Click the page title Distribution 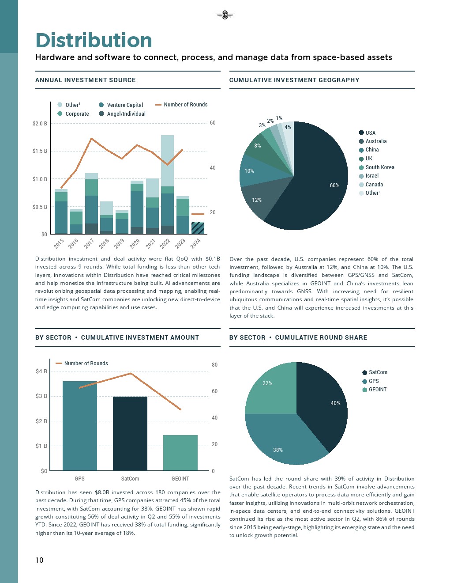94,41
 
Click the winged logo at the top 225,15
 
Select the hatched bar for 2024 198,228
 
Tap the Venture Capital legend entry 124,105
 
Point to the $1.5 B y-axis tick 40,151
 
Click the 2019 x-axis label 119,243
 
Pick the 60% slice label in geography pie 334,185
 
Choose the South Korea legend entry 379,167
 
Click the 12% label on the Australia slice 257,200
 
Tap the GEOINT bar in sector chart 180,452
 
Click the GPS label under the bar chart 79,479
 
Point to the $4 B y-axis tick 41,371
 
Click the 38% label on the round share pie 278,450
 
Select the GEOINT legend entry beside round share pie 377,390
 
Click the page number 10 39,560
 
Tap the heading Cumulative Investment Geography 294,80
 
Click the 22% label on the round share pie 267,383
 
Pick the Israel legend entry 371,176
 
